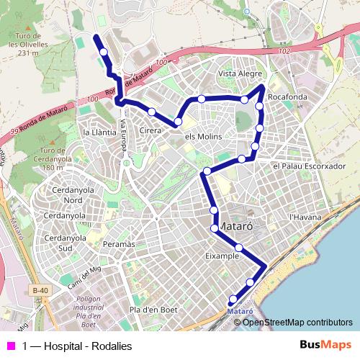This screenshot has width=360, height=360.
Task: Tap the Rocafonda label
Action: click(287, 96)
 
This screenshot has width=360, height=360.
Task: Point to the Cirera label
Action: click(150, 131)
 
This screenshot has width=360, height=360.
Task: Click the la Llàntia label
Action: click(99, 132)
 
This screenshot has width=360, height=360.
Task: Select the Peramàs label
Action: click(119, 245)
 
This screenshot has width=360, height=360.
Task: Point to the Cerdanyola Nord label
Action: click(63, 194)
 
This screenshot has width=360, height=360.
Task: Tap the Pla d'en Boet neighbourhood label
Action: click(153, 310)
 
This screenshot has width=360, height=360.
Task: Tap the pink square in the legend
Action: click(9, 345)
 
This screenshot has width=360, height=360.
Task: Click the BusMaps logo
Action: click(325, 344)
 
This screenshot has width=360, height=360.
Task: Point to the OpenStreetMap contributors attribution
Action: click(297, 322)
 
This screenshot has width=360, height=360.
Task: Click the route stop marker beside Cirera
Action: click(152, 111)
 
